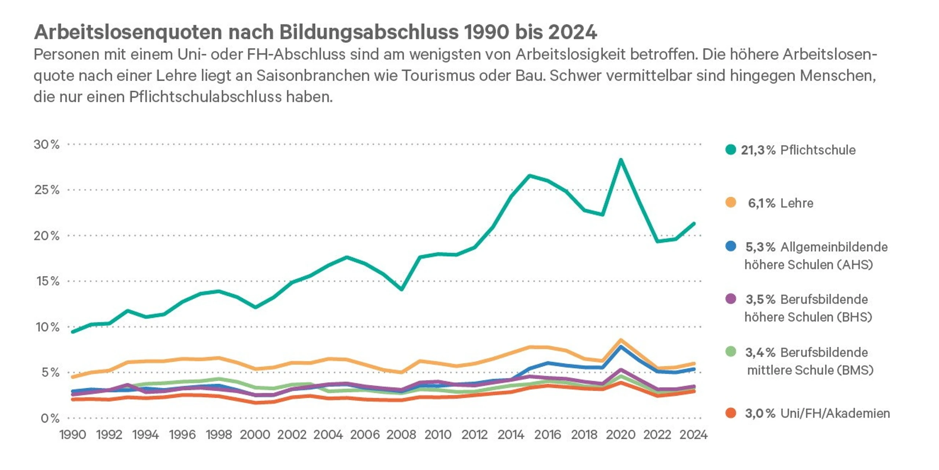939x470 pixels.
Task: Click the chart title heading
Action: tap(315, 32)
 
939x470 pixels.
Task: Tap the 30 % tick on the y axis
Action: tap(47, 144)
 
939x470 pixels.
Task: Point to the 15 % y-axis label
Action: tap(48, 281)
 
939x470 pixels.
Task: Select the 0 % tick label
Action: tap(50, 418)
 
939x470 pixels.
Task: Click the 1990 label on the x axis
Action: tap(73, 435)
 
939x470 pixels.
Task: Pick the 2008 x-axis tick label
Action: tap(401, 435)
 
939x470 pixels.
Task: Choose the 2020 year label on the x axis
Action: tap(620, 435)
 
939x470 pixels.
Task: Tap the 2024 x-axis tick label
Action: tap(693, 435)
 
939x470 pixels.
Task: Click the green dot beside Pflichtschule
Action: tap(731, 150)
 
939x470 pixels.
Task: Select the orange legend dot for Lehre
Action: tap(731, 202)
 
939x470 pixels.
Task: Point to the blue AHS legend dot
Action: tap(731, 246)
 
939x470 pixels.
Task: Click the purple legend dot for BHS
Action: tap(731, 299)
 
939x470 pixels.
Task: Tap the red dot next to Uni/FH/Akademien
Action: tap(731, 413)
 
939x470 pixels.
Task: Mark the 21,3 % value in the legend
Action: tap(758, 150)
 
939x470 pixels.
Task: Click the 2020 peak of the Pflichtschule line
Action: tap(621, 160)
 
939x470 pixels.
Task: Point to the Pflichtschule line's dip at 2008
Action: tap(402, 289)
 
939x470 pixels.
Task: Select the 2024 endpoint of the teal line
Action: tap(693, 224)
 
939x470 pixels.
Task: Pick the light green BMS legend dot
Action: tap(731, 352)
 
